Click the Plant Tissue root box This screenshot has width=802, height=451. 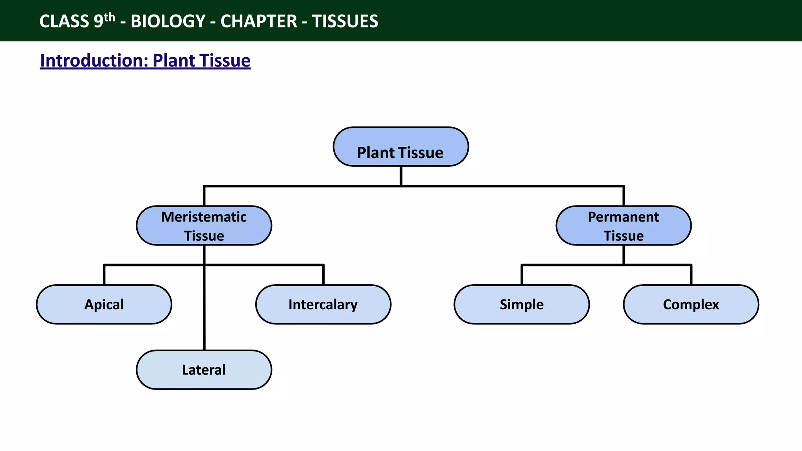click(401, 147)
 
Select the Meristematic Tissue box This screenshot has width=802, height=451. click(204, 226)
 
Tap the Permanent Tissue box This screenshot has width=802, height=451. click(623, 226)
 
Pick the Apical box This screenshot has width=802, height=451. click(104, 305)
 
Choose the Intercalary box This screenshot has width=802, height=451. click(323, 305)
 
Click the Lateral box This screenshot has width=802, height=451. click(204, 370)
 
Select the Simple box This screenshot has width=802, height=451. click(522, 305)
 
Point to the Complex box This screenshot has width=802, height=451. click(691, 305)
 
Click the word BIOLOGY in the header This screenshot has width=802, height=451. click(168, 21)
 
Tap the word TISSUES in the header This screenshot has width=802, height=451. click(345, 21)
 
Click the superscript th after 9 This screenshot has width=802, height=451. click(110, 18)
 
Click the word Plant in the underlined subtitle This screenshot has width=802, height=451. click(174, 61)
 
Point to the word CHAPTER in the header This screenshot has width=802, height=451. click(258, 21)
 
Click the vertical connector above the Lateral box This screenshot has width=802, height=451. click(204, 313)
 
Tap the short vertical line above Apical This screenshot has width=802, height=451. click(104, 275)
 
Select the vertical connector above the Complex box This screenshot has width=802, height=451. click(691, 275)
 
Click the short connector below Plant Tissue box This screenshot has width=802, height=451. click(401, 176)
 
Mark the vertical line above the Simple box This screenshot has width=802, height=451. click(522, 275)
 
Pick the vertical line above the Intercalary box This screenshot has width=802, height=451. click(323, 275)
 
